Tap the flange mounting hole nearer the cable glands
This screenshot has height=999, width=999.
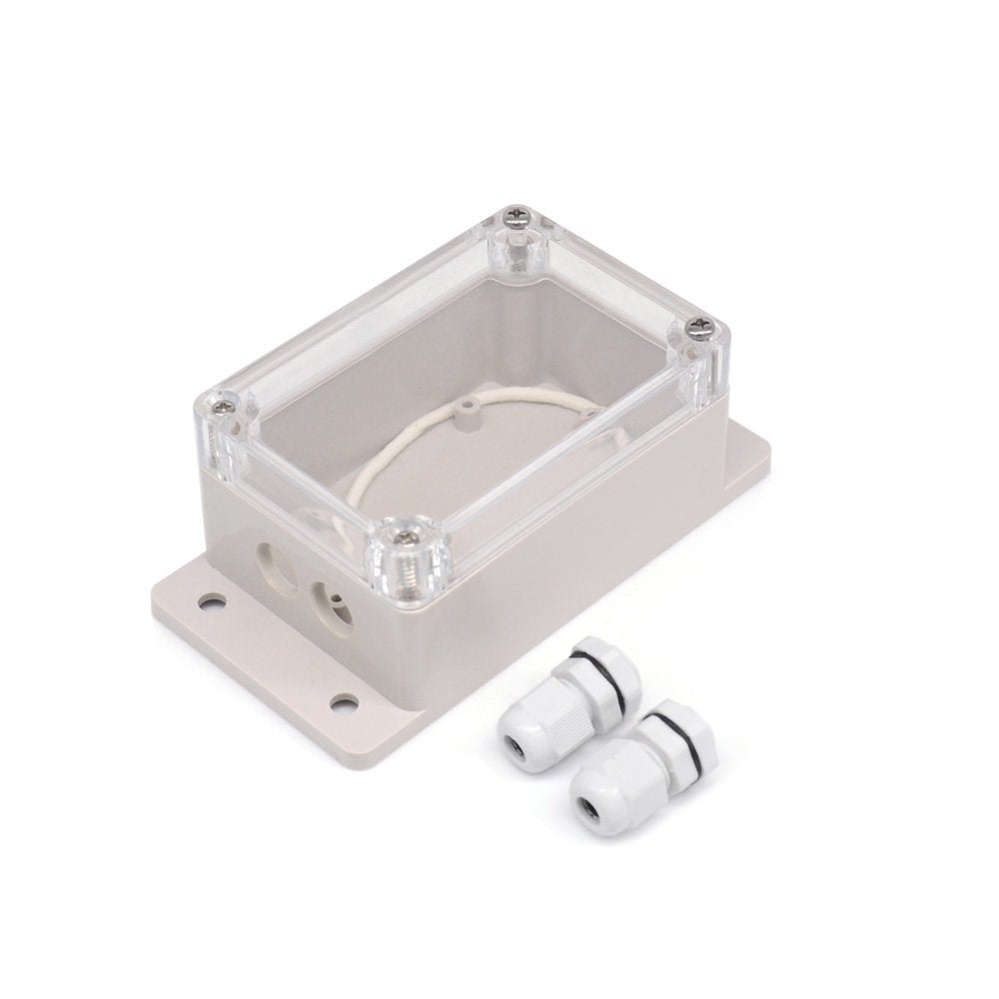pyautogui.click(x=346, y=699)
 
